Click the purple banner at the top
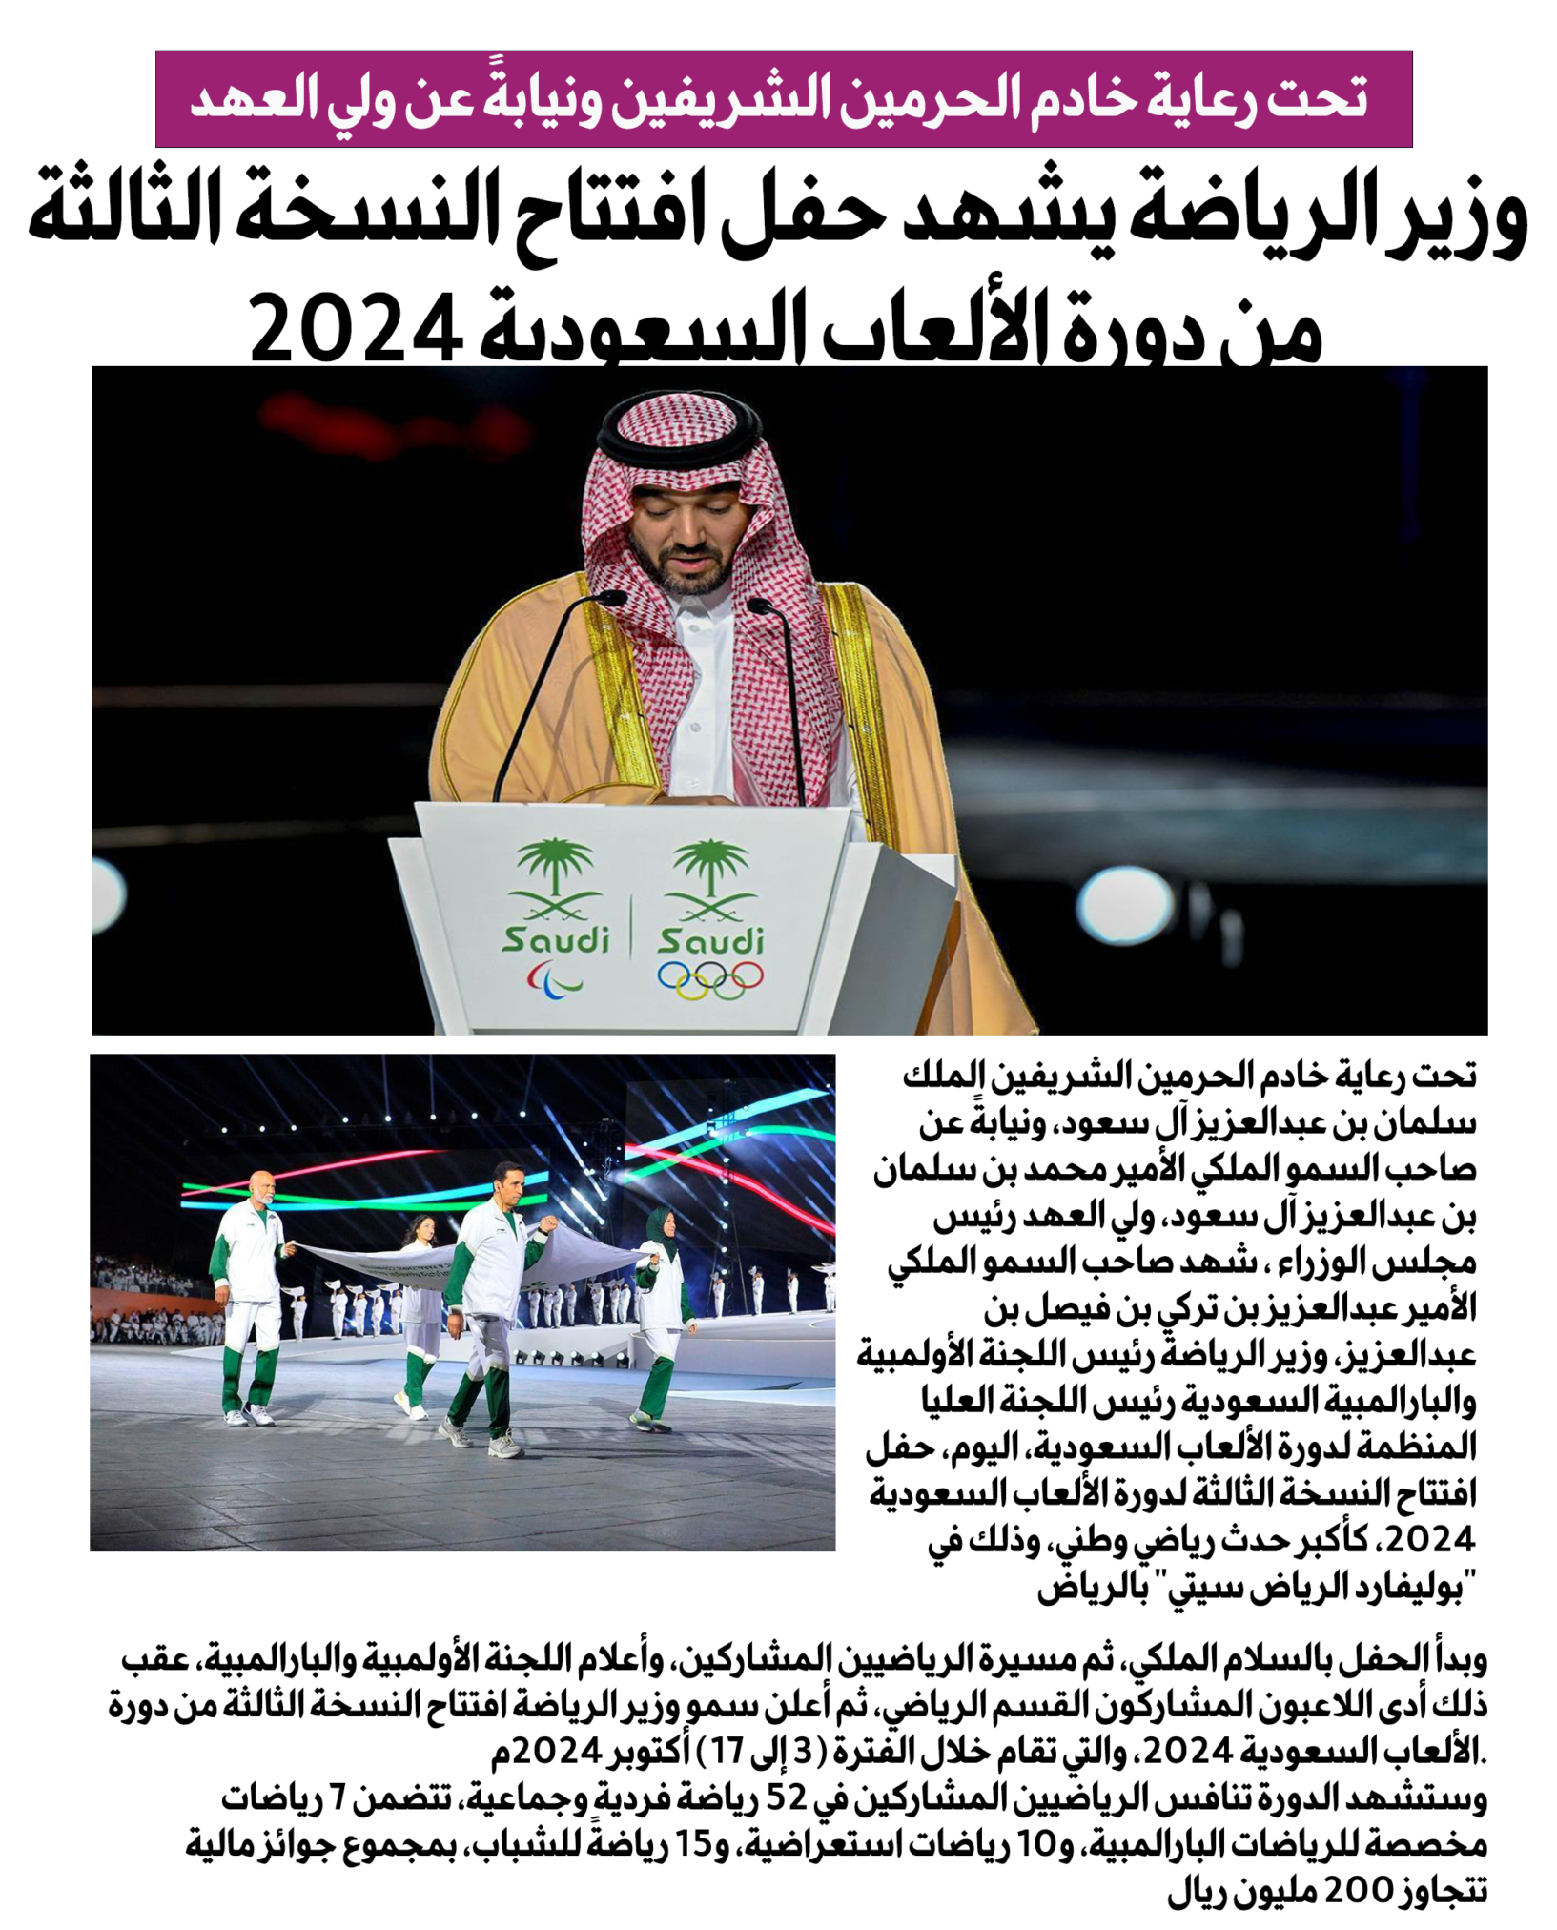(783, 99)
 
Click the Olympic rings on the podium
(710, 979)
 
